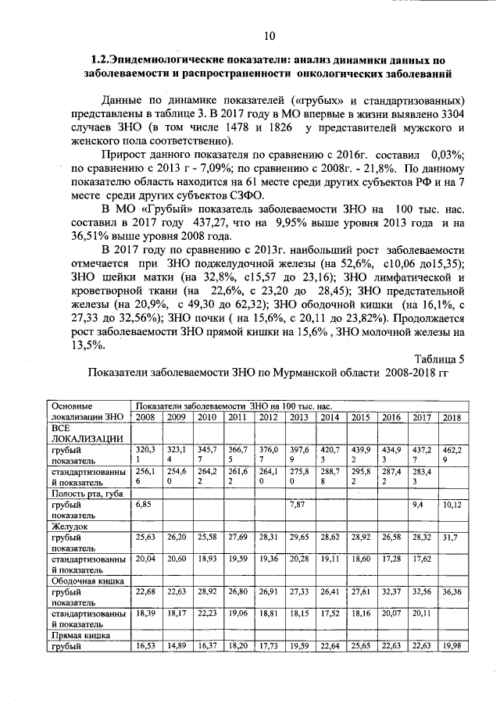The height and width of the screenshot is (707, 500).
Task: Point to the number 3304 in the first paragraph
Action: [452, 113]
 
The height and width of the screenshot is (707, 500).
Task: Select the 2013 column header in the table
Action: [298, 417]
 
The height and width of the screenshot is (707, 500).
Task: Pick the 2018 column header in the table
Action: [452, 417]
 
